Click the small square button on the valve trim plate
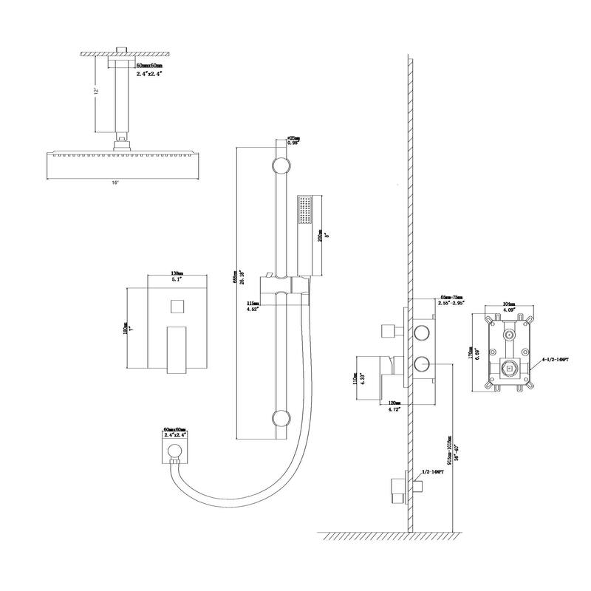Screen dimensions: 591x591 click(x=177, y=306)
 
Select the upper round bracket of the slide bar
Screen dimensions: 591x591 click(x=279, y=164)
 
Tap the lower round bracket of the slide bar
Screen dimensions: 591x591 click(x=279, y=419)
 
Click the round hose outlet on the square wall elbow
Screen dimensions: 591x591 click(x=174, y=453)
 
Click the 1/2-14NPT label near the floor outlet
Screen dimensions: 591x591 click(x=431, y=471)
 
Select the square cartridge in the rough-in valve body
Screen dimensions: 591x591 click(x=508, y=367)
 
